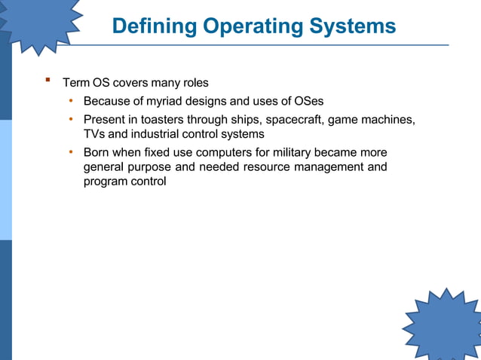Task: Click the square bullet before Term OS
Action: click(x=47, y=79)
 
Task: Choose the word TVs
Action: click(x=94, y=134)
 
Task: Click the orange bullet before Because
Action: click(x=70, y=100)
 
